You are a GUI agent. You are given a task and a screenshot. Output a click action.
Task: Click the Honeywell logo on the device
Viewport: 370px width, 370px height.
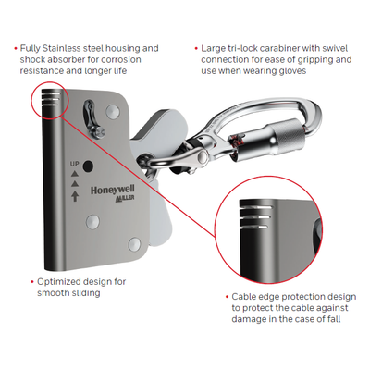pos(113,191)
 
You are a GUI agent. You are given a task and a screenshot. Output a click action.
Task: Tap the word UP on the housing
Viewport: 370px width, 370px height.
pos(75,164)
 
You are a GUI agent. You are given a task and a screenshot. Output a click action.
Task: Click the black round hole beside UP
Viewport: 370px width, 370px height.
pos(88,166)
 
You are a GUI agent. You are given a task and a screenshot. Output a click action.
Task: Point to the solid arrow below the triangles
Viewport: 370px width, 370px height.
pos(75,196)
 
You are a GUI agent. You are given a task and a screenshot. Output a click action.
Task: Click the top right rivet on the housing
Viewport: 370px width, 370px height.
pos(112,111)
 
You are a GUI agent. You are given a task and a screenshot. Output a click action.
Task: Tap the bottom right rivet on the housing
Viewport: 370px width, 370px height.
pos(134,244)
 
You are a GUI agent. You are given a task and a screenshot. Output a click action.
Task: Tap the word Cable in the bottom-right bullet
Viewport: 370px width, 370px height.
pos(242,297)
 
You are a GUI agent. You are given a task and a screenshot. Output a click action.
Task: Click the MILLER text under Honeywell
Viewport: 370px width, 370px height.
pos(125,198)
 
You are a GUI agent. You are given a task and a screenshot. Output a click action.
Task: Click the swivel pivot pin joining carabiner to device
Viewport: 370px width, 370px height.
pos(203,157)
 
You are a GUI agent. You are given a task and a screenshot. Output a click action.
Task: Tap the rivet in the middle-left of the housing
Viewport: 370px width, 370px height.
pos(92,221)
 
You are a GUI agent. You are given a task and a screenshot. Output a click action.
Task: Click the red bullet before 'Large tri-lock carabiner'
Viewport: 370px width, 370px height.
pos(196,48)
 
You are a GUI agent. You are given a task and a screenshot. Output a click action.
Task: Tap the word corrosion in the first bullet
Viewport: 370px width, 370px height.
pos(121,59)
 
